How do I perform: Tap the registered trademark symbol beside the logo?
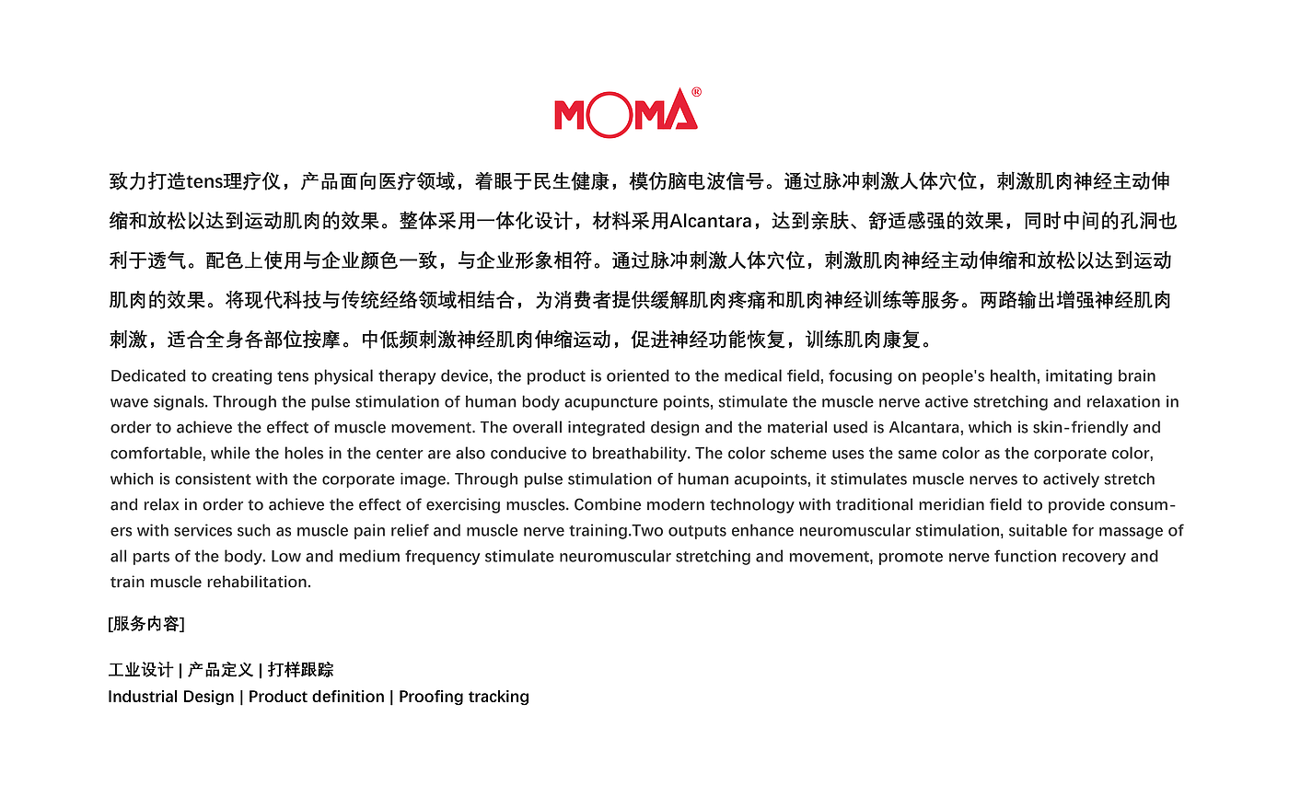[696, 92]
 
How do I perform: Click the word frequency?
[441, 557]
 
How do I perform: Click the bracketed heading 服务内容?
[146, 624]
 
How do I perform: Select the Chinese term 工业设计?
[140, 670]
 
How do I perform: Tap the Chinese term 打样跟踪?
[301, 670]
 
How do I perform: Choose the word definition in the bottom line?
[351, 697]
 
